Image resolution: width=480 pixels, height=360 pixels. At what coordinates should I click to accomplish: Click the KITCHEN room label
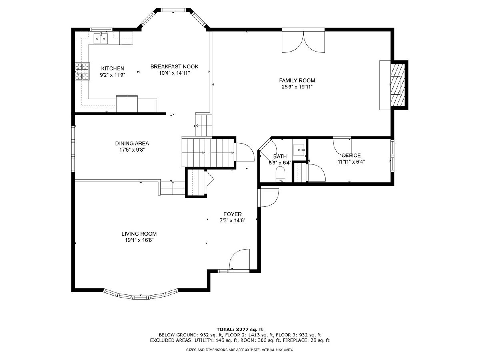tap(113, 68)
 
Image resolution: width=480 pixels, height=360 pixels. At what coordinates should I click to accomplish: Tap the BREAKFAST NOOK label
tap(174, 66)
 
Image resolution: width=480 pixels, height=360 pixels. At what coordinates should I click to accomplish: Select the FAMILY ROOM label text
tap(297, 80)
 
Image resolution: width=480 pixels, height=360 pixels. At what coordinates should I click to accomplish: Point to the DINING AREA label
tap(132, 143)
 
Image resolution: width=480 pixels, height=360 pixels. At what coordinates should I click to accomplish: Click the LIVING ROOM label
tap(139, 234)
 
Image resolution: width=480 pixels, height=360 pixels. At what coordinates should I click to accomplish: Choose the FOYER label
tap(232, 214)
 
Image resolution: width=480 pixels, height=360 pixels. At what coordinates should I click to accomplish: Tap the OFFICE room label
tap(351, 156)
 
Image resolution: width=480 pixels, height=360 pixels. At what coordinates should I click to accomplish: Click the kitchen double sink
tap(100, 38)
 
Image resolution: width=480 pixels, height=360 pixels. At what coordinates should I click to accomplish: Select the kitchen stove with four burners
tap(82, 71)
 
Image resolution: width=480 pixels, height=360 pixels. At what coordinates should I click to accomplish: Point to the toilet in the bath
tap(281, 174)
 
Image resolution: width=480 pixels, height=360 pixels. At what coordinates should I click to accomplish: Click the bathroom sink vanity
tap(299, 150)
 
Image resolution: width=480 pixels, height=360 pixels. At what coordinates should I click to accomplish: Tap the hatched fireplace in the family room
tap(398, 85)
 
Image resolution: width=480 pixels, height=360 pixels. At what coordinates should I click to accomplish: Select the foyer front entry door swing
tap(239, 260)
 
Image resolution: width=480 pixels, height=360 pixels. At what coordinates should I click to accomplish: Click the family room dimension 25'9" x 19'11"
tap(297, 87)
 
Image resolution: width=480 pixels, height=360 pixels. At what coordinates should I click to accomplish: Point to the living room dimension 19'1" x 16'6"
tap(139, 240)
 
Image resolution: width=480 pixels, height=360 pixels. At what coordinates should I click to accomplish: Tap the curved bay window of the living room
tap(141, 296)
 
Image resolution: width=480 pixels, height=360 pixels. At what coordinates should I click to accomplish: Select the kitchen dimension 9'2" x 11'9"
tap(112, 75)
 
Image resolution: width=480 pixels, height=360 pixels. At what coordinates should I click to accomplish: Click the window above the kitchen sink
tap(101, 30)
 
